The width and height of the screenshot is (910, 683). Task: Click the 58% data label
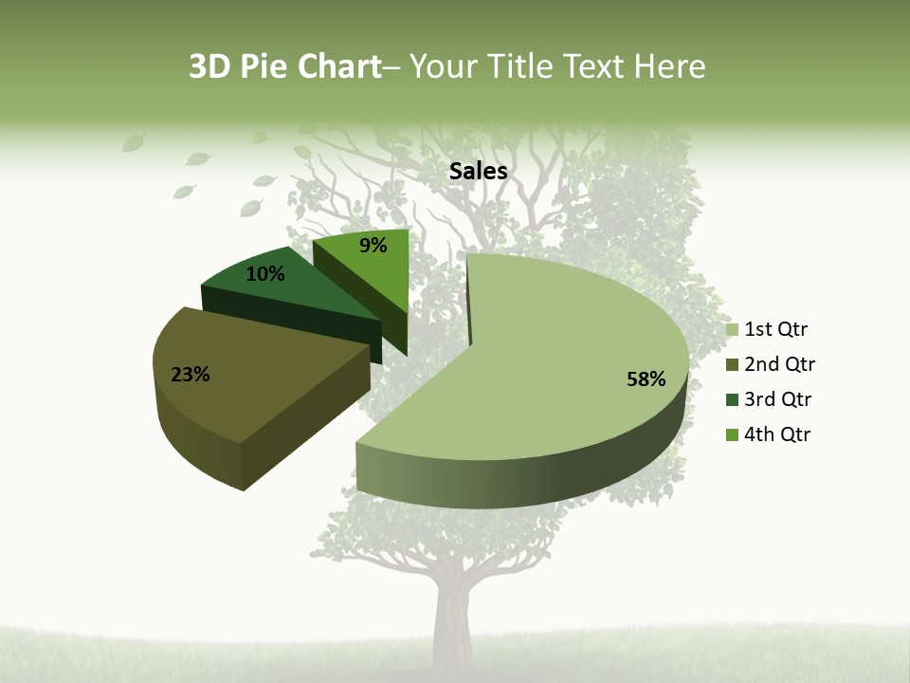click(x=646, y=379)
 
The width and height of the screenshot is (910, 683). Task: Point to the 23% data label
click(x=191, y=375)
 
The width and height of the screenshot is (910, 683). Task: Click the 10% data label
click(x=264, y=274)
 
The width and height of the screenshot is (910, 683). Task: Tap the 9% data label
click(x=373, y=246)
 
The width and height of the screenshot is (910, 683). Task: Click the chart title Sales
click(x=478, y=171)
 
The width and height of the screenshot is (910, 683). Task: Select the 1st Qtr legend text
click(x=776, y=329)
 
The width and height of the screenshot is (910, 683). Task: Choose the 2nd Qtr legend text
click(x=780, y=364)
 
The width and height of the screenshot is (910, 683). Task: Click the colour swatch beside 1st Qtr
click(x=732, y=330)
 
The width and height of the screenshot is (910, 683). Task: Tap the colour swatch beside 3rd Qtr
click(x=732, y=400)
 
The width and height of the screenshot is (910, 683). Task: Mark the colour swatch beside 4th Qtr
click(x=732, y=435)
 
